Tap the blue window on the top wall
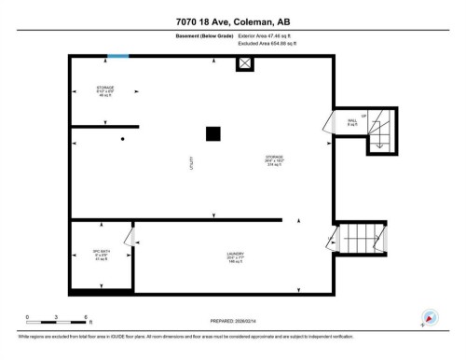(x=118, y=57)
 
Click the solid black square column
(x=213, y=133)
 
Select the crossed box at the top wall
(x=244, y=64)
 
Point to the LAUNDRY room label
(x=235, y=258)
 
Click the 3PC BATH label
(x=89, y=255)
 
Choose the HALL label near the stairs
(x=353, y=121)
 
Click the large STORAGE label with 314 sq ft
(x=274, y=159)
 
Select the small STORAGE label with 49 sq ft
(x=104, y=91)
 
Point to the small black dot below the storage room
(x=122, y=139)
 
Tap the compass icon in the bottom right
(x=430, y=317)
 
